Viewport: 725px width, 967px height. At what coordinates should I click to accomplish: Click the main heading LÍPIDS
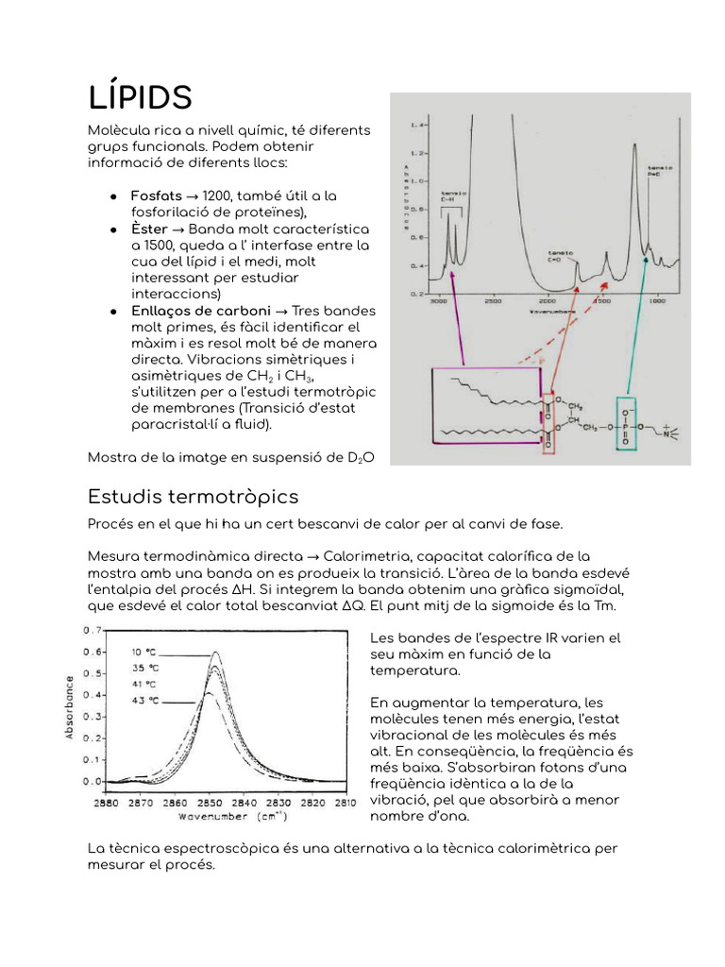(140, 97)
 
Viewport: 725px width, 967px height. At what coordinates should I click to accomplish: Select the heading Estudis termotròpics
(193, 497)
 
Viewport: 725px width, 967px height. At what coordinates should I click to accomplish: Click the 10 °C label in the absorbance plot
(143, 652)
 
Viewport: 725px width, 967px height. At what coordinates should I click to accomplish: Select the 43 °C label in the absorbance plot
(143, 701)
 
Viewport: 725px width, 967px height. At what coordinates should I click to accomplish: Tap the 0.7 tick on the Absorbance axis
(92, 630)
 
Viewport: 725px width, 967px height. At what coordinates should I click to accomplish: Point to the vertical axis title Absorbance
(71, 707)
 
